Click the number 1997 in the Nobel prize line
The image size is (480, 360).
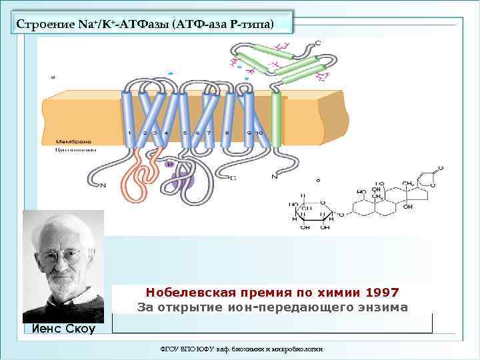382,293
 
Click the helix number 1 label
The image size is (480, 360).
129,133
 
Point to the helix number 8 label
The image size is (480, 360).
227,133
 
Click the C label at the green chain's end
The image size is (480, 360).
317,43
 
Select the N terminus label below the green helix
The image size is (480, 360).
274,177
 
